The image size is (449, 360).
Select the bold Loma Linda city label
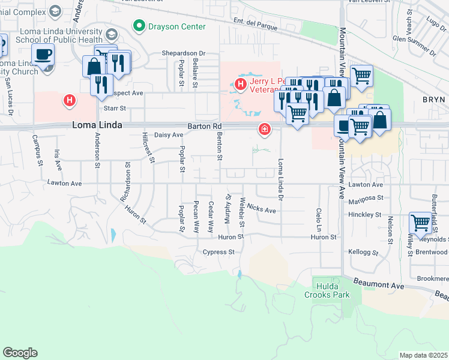pos(97,125)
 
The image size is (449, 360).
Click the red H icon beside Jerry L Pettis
pos(241,84)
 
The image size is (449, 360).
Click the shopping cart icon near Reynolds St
pos(421,223)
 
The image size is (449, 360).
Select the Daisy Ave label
pos(169,135)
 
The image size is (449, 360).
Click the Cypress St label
pos(218,252)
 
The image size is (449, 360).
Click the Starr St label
pos(115,109)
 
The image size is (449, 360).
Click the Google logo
pos(20,353)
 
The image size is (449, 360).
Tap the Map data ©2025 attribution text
pos(423,355)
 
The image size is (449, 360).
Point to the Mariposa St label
pos(365,197)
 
